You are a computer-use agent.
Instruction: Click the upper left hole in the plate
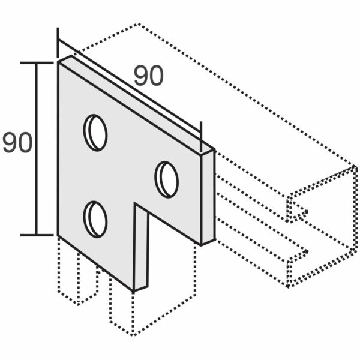(x=95, y=133)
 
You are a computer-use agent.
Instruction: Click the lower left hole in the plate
(x=95, y=220)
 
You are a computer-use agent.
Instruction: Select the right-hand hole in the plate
(x=167, y=179)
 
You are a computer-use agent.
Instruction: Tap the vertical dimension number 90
(x=17, y=142)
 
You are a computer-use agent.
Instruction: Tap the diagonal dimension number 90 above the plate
(x=149, y=76)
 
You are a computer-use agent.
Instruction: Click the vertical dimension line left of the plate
(x=36, y=149)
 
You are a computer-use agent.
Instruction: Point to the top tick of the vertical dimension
(x=37, y=62)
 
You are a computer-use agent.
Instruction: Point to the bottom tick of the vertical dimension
(x=37, y=235)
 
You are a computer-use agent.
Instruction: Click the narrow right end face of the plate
(x=208, y=197)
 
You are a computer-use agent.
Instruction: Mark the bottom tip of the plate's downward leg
(x=133, y=292)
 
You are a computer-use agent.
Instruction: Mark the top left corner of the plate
(x=58, y=62)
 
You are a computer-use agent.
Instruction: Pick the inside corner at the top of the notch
(x=135, y=203)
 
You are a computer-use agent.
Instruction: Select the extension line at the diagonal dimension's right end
(x=201, y=137)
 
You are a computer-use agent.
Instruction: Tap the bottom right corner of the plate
(x=201, y=245)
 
